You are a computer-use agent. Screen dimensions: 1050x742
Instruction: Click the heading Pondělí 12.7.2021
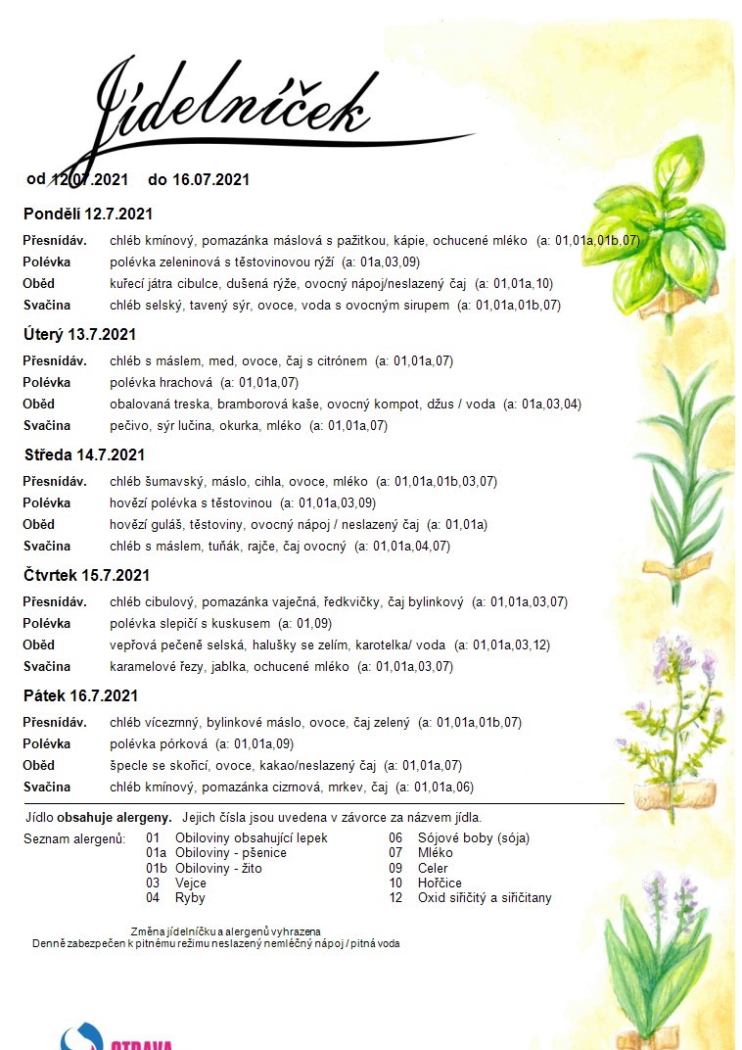88,214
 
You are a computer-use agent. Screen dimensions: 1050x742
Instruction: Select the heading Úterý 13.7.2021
79,334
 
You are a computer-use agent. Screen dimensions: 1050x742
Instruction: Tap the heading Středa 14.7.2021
84,454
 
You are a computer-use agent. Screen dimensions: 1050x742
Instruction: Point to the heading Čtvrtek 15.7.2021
87,575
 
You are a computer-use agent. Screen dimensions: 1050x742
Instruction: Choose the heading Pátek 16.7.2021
80,695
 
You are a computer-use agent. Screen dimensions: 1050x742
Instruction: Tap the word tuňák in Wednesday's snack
235,546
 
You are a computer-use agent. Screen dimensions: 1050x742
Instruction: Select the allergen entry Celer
433,868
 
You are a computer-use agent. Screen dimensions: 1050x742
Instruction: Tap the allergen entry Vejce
190,883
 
